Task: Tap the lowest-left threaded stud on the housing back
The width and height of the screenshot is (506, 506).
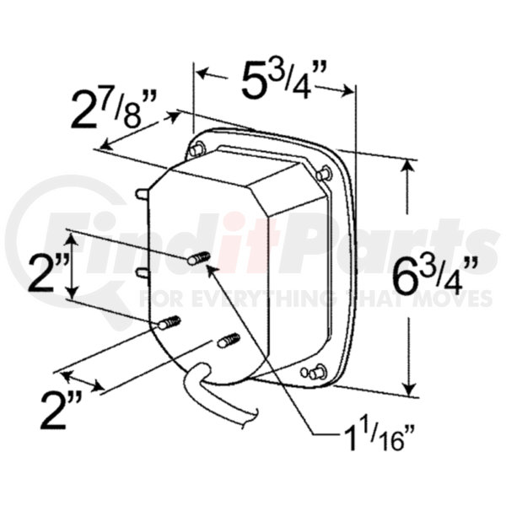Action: (170, 322)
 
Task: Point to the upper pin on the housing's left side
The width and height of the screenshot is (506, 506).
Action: (142, 194)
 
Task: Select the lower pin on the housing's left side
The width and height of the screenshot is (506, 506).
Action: (142, 272)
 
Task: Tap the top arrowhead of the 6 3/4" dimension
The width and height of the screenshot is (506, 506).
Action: (411, 166)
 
